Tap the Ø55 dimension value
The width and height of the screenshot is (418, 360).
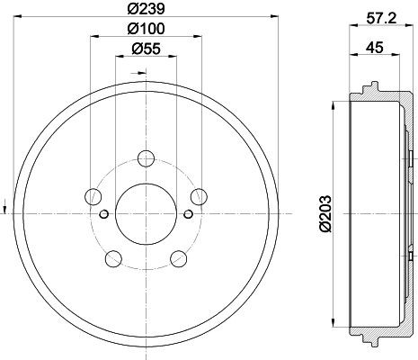point(144,50)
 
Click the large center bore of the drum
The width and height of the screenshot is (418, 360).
point(146,212)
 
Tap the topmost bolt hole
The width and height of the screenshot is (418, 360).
point(146,161)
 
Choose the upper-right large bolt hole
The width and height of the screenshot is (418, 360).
point(199,195)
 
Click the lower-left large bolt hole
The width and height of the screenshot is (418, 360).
point(113,259)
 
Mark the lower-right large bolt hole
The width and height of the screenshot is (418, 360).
point(178,259)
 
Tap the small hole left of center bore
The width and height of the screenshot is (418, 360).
point(105,213)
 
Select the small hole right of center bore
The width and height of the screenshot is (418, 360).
point(186,213)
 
